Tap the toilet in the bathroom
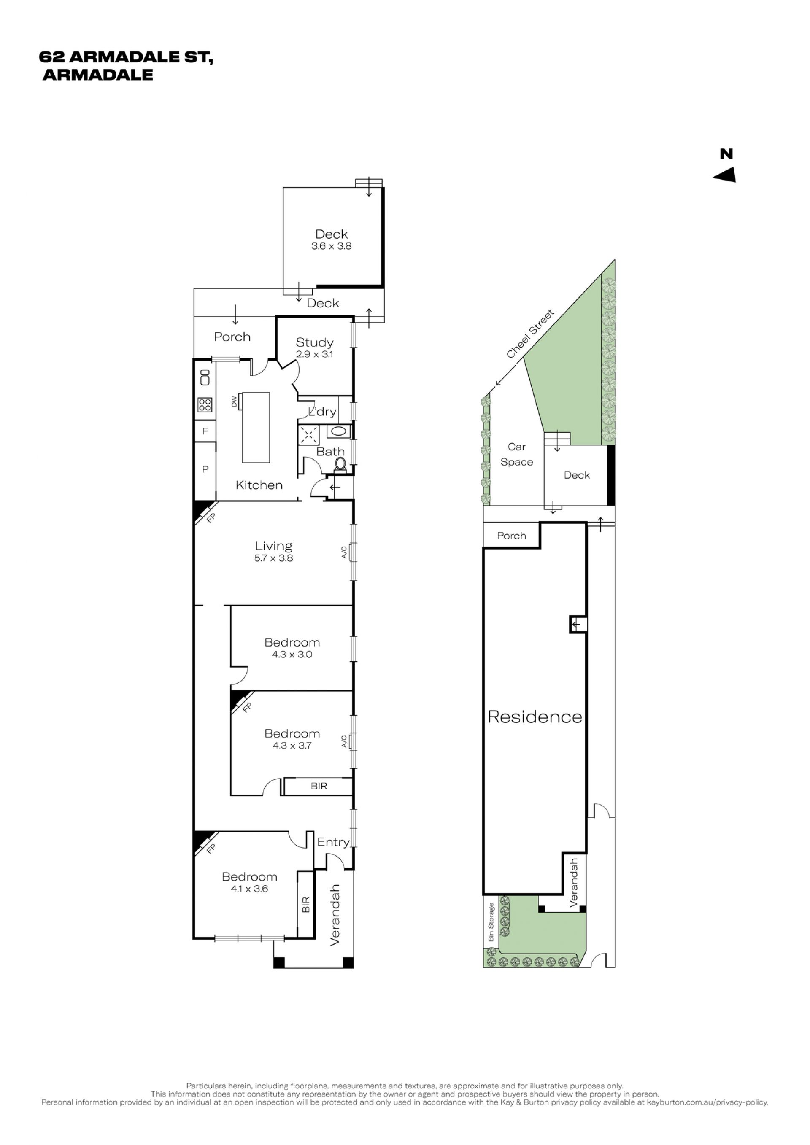(x=340, y=464)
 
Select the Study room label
(x=314, y=342)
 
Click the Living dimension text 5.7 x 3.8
(x=273, y=558)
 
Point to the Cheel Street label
(x=530, y=333)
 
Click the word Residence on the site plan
(x=535, y=717)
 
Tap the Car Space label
(x=517, y=454)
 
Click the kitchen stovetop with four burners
(x=205, y=404)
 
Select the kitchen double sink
(x=205, y=377)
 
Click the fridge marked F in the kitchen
(x=205, y=431)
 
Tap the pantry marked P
(x=205, y=469)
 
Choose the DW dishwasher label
(x=234, y=401)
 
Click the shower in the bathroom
(x=309, y=434)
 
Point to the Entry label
(x=333, y=842)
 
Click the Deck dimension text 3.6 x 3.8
(x=331, y=246)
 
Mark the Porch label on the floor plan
(x=232, y=337)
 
